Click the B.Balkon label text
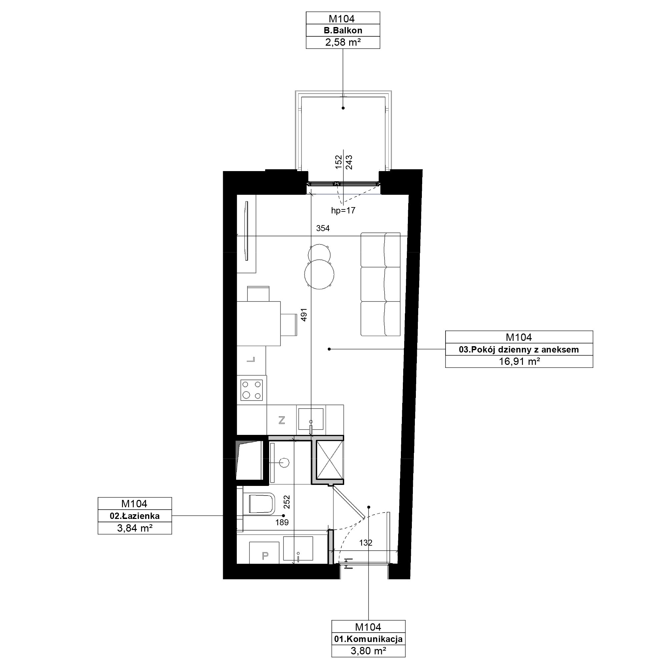343,30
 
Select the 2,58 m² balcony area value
343,42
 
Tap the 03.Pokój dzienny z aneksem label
519,350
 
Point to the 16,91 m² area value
519,362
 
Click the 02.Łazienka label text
135,516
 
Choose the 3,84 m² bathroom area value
135,528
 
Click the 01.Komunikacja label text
369,639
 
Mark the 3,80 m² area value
369,651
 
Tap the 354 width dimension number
323,228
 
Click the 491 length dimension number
304,314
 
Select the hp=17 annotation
343,210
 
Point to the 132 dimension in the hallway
366,543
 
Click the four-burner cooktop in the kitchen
252,390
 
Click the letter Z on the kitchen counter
282,420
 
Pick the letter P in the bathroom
265,556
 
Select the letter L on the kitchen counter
251,360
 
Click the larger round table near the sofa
319,274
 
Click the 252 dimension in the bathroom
286,502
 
